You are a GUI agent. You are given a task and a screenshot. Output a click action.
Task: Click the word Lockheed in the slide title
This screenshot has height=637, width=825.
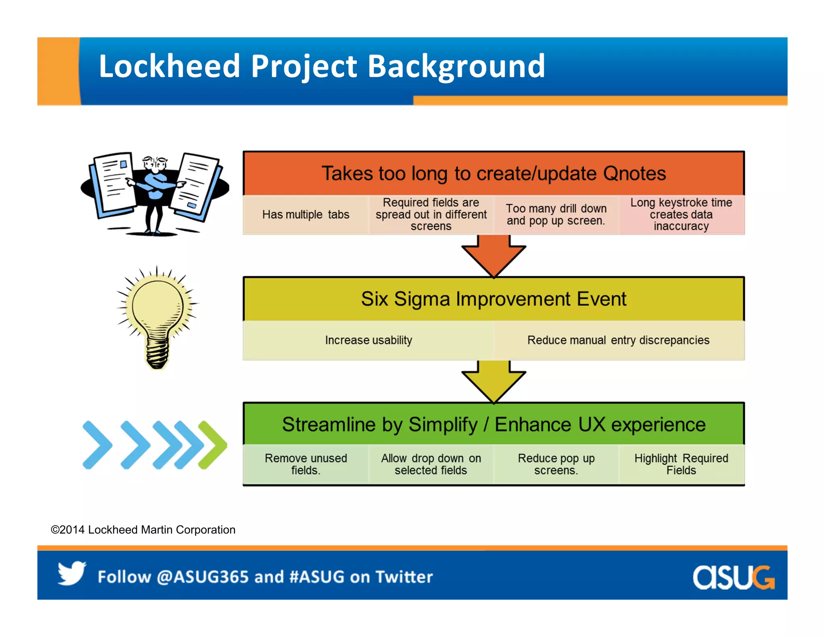tap(169, 66)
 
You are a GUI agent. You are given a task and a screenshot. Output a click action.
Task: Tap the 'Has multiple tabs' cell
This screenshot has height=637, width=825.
tap(306, 215)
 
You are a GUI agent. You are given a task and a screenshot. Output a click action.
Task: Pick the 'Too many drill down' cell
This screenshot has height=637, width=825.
tap(556, 215)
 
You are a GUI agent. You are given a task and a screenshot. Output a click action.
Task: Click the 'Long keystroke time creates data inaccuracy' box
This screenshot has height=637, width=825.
tap(681, 215)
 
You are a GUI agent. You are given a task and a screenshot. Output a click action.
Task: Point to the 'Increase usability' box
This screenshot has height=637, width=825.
tap(368, 340)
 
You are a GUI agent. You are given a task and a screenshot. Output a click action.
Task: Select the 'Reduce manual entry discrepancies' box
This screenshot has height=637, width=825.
tap(618, 340)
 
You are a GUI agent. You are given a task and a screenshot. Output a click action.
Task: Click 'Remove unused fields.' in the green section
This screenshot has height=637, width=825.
tap(306, 464)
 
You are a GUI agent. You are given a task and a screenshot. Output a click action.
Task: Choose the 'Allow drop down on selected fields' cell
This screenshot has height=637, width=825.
tap(431, 464)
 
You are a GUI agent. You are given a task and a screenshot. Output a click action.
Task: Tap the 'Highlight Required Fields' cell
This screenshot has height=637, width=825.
tap(681, 464)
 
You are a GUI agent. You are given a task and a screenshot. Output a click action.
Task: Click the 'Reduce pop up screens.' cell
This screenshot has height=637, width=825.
tap(556, 464)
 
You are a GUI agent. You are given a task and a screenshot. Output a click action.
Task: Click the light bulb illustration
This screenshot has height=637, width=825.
tap(158, 316)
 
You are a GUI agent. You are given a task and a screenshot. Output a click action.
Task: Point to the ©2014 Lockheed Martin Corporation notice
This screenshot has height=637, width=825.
tap(143, 529)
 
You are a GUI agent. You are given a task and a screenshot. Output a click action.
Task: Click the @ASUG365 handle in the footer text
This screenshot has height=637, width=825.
tap(203, 577)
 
